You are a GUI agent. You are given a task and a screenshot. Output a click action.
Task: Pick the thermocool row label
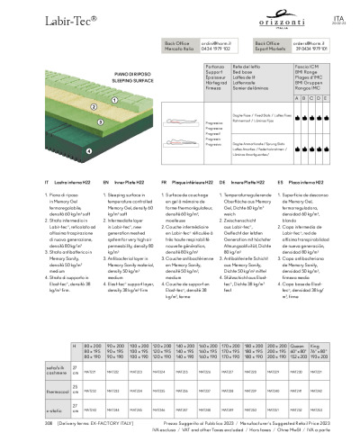tap(58, 390)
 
